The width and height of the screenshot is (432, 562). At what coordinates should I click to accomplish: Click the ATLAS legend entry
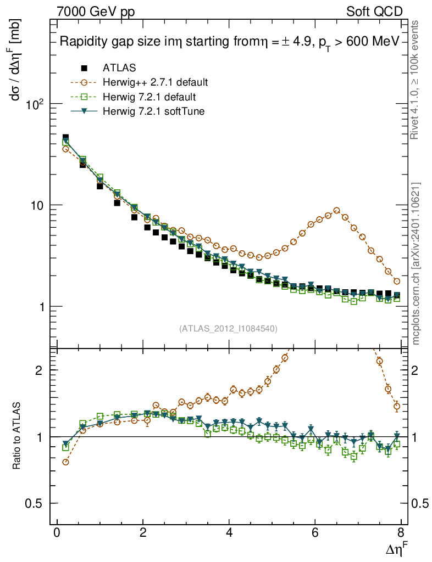pos(119,68)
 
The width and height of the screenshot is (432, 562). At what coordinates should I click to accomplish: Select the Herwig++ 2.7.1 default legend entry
pos(154,83)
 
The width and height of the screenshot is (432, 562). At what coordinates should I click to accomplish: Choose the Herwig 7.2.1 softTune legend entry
pos(153,111)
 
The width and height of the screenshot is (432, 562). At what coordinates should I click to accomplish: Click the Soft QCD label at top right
pos(375,11)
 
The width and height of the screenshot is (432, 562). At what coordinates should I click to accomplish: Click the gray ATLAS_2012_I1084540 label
pos(228,329)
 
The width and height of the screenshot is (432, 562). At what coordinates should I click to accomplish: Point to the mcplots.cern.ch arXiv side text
pos(417,263)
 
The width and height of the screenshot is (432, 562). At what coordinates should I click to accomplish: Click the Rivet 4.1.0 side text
pos(416,85)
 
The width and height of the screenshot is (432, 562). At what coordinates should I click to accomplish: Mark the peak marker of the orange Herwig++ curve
pos(336,210)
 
